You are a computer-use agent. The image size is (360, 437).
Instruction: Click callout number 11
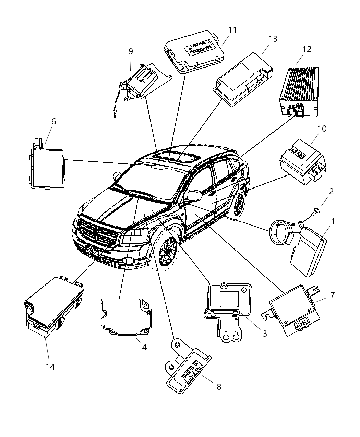pos(232,30)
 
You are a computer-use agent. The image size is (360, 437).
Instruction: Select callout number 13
pos(273,39)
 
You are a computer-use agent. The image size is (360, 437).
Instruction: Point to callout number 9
pos(131,51)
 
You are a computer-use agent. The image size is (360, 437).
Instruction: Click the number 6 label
pos(53,122)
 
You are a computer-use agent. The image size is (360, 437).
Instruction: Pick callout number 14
pos(50,367)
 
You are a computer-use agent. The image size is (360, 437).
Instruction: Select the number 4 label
pos(144,347)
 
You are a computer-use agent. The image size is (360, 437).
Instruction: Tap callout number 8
pos(219,387)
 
